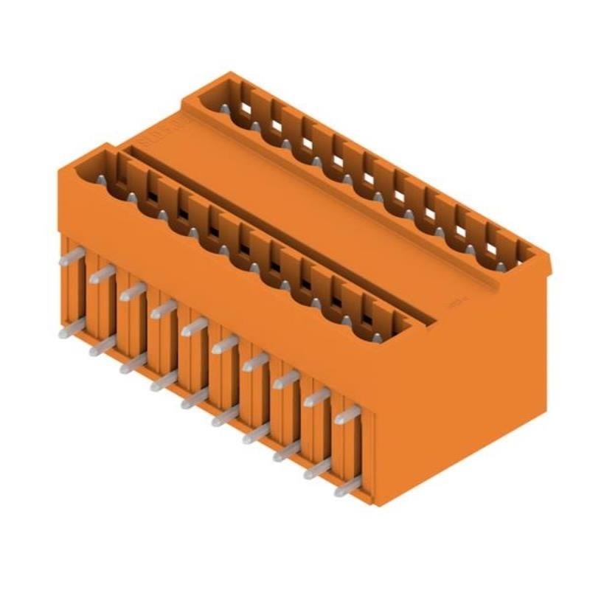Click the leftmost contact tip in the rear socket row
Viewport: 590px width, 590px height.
[x=223, y=109]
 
